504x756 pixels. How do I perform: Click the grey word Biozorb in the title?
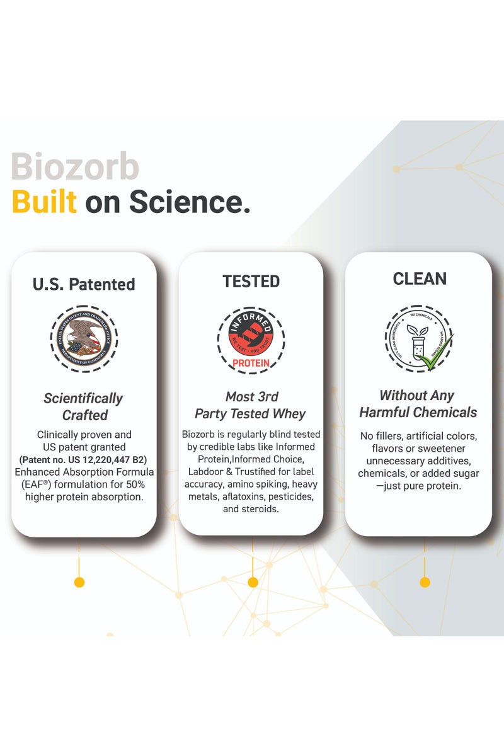(75, 167)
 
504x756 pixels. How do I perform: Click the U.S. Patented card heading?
(84, 284)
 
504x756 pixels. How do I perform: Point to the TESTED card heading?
(251, 282)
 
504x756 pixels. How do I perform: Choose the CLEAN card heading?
(420, 278)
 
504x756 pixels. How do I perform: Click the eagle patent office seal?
(84, 338)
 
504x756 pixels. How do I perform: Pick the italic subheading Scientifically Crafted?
(84, 406)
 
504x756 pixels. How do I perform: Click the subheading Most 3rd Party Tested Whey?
(251, 405)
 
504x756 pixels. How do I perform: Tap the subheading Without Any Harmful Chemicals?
(418, 404)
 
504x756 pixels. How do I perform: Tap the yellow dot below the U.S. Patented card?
(79, 582)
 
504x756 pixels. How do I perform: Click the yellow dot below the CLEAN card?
(425, 582)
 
